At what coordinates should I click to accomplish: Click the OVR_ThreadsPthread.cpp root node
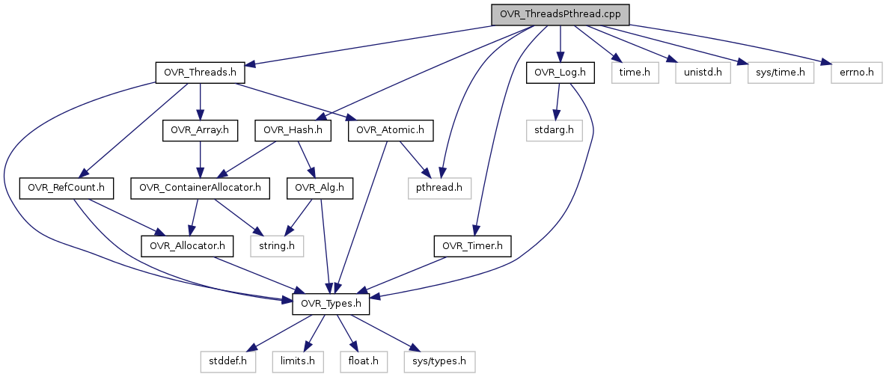[x=560, y=15]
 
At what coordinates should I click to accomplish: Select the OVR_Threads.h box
[x=201, y=73]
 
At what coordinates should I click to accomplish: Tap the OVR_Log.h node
[x=560, y=73]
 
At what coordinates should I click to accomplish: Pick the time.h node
[x=635, y=73]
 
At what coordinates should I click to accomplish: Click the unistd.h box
[x=702, y=73]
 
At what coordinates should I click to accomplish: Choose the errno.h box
[x=852, y=73]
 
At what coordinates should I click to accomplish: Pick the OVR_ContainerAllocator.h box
[x=201, y=188]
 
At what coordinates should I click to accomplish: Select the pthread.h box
[x=439, y=188]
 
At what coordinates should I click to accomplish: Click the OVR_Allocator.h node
[x=187, y=245]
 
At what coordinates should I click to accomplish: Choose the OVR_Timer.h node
[x=472, y=245]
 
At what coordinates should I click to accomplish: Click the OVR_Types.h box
[x=330, y=304]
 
